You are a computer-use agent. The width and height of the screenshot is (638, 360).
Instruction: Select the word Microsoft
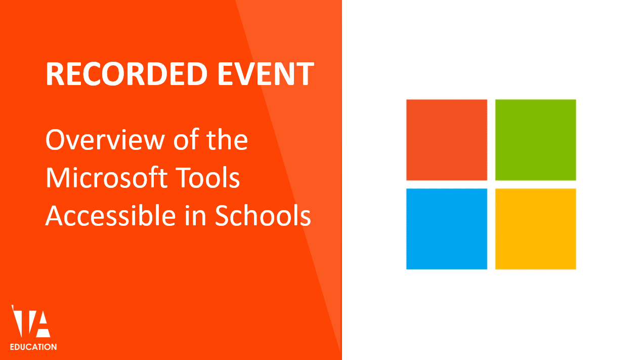114,178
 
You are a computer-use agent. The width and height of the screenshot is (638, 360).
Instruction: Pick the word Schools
263,216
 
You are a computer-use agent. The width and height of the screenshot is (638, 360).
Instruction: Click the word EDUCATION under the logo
33,347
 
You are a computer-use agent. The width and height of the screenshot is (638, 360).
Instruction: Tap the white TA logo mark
31,322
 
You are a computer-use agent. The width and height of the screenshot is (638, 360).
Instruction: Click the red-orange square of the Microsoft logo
446,140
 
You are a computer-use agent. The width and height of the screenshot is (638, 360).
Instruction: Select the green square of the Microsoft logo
535,140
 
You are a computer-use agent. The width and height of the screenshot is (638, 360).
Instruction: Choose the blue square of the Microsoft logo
446,229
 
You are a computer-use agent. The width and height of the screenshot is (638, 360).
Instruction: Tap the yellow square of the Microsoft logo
535,229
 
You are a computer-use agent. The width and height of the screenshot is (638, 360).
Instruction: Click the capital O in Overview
56,140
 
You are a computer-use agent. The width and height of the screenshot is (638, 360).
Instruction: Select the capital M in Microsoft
59,178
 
